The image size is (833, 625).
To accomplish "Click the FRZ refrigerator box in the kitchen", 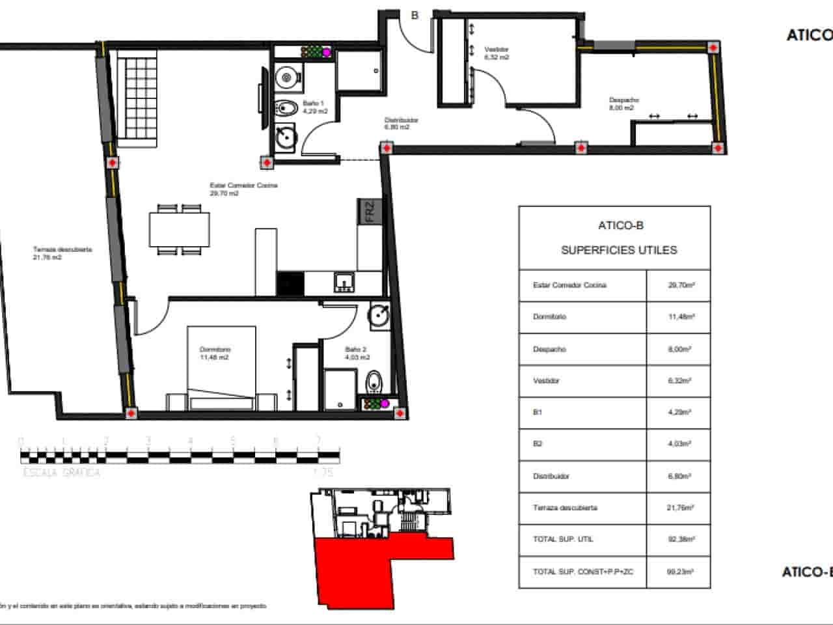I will pos(369,212).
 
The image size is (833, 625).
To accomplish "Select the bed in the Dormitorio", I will pos(221,368).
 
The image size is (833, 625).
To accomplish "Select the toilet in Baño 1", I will pos(286,107).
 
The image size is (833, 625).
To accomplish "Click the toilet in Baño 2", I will pos(374,382).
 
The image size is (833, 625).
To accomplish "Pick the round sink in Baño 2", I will pos(379,315).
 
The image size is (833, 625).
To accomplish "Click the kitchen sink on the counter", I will pos(344,281).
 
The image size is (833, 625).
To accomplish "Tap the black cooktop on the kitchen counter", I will pos(290,284).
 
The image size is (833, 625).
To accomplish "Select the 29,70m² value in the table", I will pos(678,285).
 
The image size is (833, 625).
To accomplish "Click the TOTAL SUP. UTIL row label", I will pos(563,539).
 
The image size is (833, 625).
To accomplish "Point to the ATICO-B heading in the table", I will pos(620,226).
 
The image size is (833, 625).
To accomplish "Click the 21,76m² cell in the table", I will pos(678,508).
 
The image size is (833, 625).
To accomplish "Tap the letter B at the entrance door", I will pos(415,16).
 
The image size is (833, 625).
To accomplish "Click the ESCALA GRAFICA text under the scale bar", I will pos(62,473).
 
